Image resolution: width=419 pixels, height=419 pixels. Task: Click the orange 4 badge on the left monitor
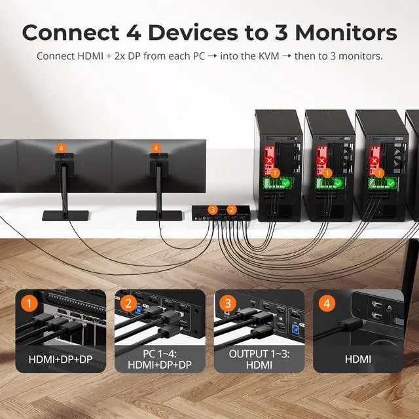click(x=62, y=149)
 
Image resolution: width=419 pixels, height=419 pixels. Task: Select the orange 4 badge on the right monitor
click(x=156, y=149)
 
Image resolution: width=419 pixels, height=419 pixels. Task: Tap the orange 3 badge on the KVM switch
click(x=212, y=209)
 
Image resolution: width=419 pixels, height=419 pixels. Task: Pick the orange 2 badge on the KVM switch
click(x=231, y=209)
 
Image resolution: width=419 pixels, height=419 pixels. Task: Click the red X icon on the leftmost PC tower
click(x=268, y=160)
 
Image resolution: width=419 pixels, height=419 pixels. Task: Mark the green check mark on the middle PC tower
click(x=337, y=183)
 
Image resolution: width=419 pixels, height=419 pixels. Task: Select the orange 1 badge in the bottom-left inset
click(x=28, y=304)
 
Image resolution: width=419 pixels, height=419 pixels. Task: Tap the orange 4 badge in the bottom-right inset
click(x=326, y=304)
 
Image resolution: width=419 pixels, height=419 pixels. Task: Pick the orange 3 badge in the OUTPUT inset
click(x=227, y=304)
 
